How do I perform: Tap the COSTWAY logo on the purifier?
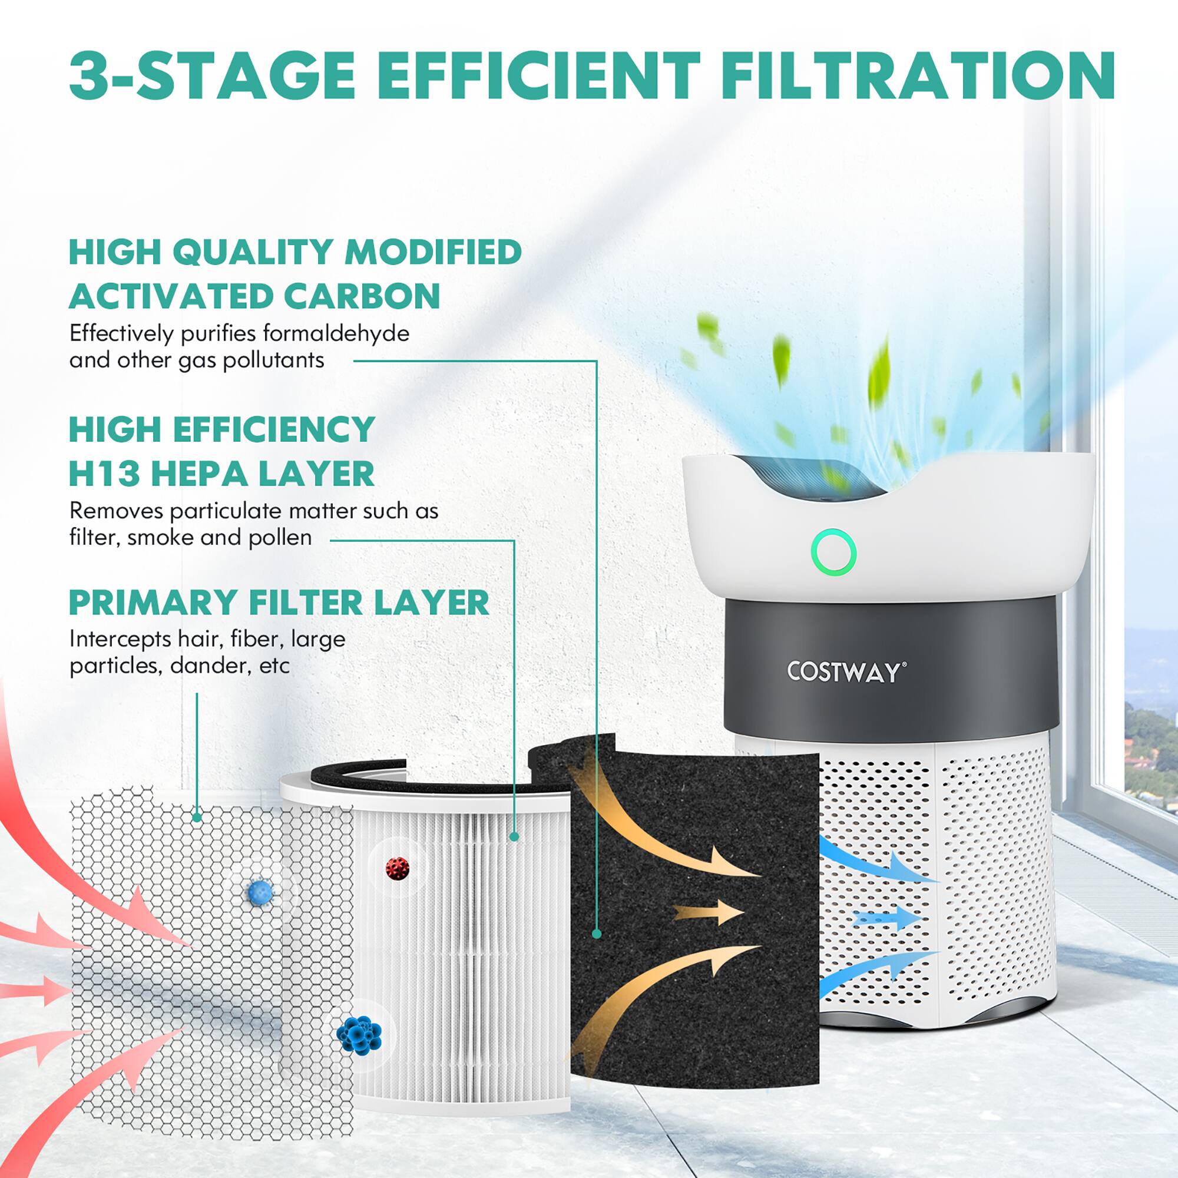[846, 672]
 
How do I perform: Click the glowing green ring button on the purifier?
[833, 552]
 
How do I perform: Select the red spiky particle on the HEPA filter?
[397, 868]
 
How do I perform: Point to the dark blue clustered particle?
[359, 1033]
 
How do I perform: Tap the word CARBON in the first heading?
[362, 296]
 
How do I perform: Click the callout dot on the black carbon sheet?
[596, 934]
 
